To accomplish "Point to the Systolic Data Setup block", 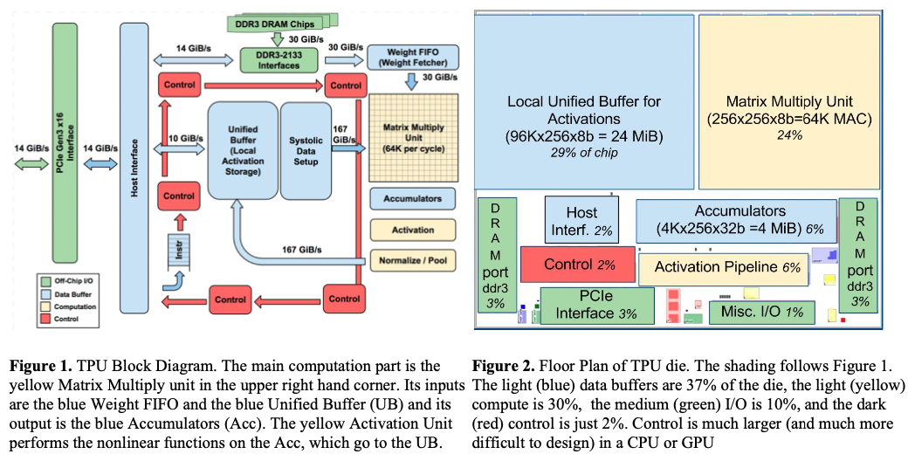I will click(x=306, y=150).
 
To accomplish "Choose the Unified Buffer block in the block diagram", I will click(x=243, y=150).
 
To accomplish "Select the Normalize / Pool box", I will click(x=413, y=259).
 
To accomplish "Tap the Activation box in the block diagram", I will click(x=413, y=230).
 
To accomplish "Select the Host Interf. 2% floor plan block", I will click(x=581, y=219).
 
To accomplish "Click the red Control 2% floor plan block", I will click(x=577, y=265).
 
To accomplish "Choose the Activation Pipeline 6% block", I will click(x=726, y=268).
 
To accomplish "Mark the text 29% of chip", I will click(x=584, y=154).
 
